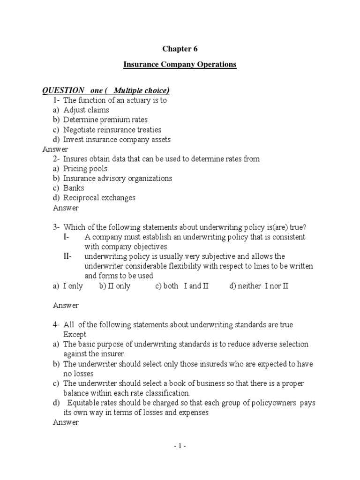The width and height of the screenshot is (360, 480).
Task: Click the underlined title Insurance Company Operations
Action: [180, 65]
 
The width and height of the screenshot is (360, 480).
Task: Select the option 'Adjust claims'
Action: [86, 110]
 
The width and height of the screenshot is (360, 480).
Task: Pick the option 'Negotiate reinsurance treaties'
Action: [112, 129]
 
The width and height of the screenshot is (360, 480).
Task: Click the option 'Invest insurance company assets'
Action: [117, 139]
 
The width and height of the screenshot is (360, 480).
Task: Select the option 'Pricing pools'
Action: [85, 168]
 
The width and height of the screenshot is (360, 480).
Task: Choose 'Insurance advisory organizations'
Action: [118, 178]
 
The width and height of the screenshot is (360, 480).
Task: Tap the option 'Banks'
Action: [74, 188]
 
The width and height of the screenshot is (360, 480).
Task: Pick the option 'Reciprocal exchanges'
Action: [99, 198]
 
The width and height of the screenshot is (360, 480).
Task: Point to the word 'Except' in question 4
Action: [75, 335]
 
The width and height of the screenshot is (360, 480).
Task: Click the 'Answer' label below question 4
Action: [66, 422]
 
